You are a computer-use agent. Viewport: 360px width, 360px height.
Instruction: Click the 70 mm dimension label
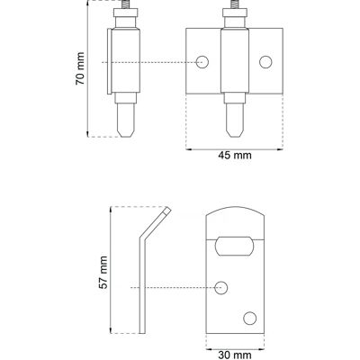80,68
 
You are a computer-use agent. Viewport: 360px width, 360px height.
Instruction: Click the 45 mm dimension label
235,156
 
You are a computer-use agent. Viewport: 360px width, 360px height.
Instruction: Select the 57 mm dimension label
103,273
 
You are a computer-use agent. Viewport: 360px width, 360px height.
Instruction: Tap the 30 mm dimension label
235,355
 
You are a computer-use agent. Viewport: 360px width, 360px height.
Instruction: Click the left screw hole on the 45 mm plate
202,62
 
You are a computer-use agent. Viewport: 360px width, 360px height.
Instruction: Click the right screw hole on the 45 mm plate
265,62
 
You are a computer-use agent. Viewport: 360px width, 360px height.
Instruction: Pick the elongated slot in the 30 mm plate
234,246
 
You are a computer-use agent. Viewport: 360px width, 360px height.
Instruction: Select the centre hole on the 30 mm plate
221,288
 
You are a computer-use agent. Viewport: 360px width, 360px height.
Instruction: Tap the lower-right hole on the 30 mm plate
250,318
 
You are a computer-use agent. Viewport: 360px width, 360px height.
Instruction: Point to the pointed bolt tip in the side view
125,133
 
